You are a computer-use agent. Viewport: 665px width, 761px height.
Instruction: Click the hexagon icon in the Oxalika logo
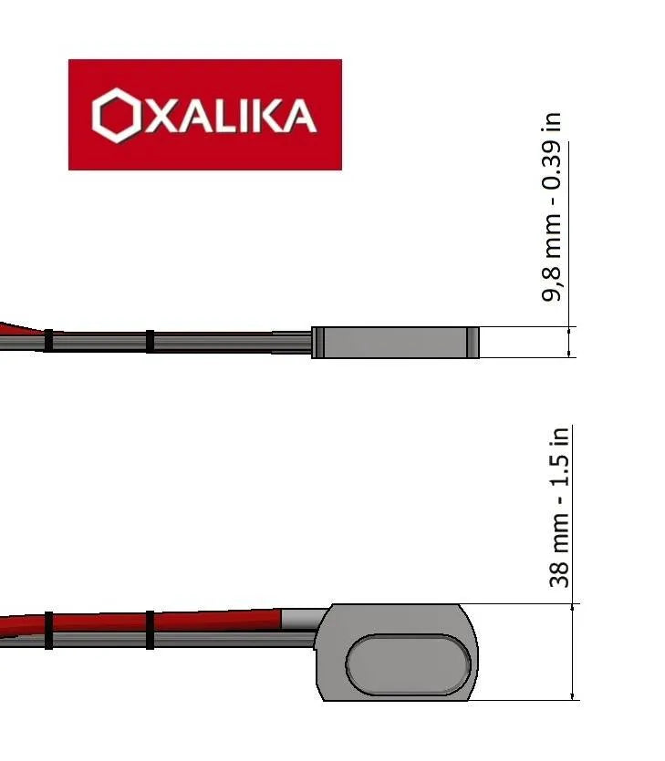(116, 115)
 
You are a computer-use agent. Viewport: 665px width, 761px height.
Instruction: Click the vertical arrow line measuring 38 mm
(572, 651)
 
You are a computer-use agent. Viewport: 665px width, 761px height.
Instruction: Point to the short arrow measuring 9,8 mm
(570, 342)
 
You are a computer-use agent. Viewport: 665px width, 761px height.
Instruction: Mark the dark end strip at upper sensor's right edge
(473, 342)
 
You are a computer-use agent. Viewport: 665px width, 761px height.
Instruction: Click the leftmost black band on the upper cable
(49, 341)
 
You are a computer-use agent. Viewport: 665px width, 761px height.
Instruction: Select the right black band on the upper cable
(151, 341)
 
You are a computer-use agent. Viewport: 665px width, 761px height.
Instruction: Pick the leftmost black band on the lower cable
(48, 630)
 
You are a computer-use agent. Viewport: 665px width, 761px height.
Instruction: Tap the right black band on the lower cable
(151, 629)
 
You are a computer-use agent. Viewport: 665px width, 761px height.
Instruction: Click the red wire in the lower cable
(219, 617)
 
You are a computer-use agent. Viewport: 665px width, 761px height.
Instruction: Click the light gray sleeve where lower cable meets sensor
(299, 619)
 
